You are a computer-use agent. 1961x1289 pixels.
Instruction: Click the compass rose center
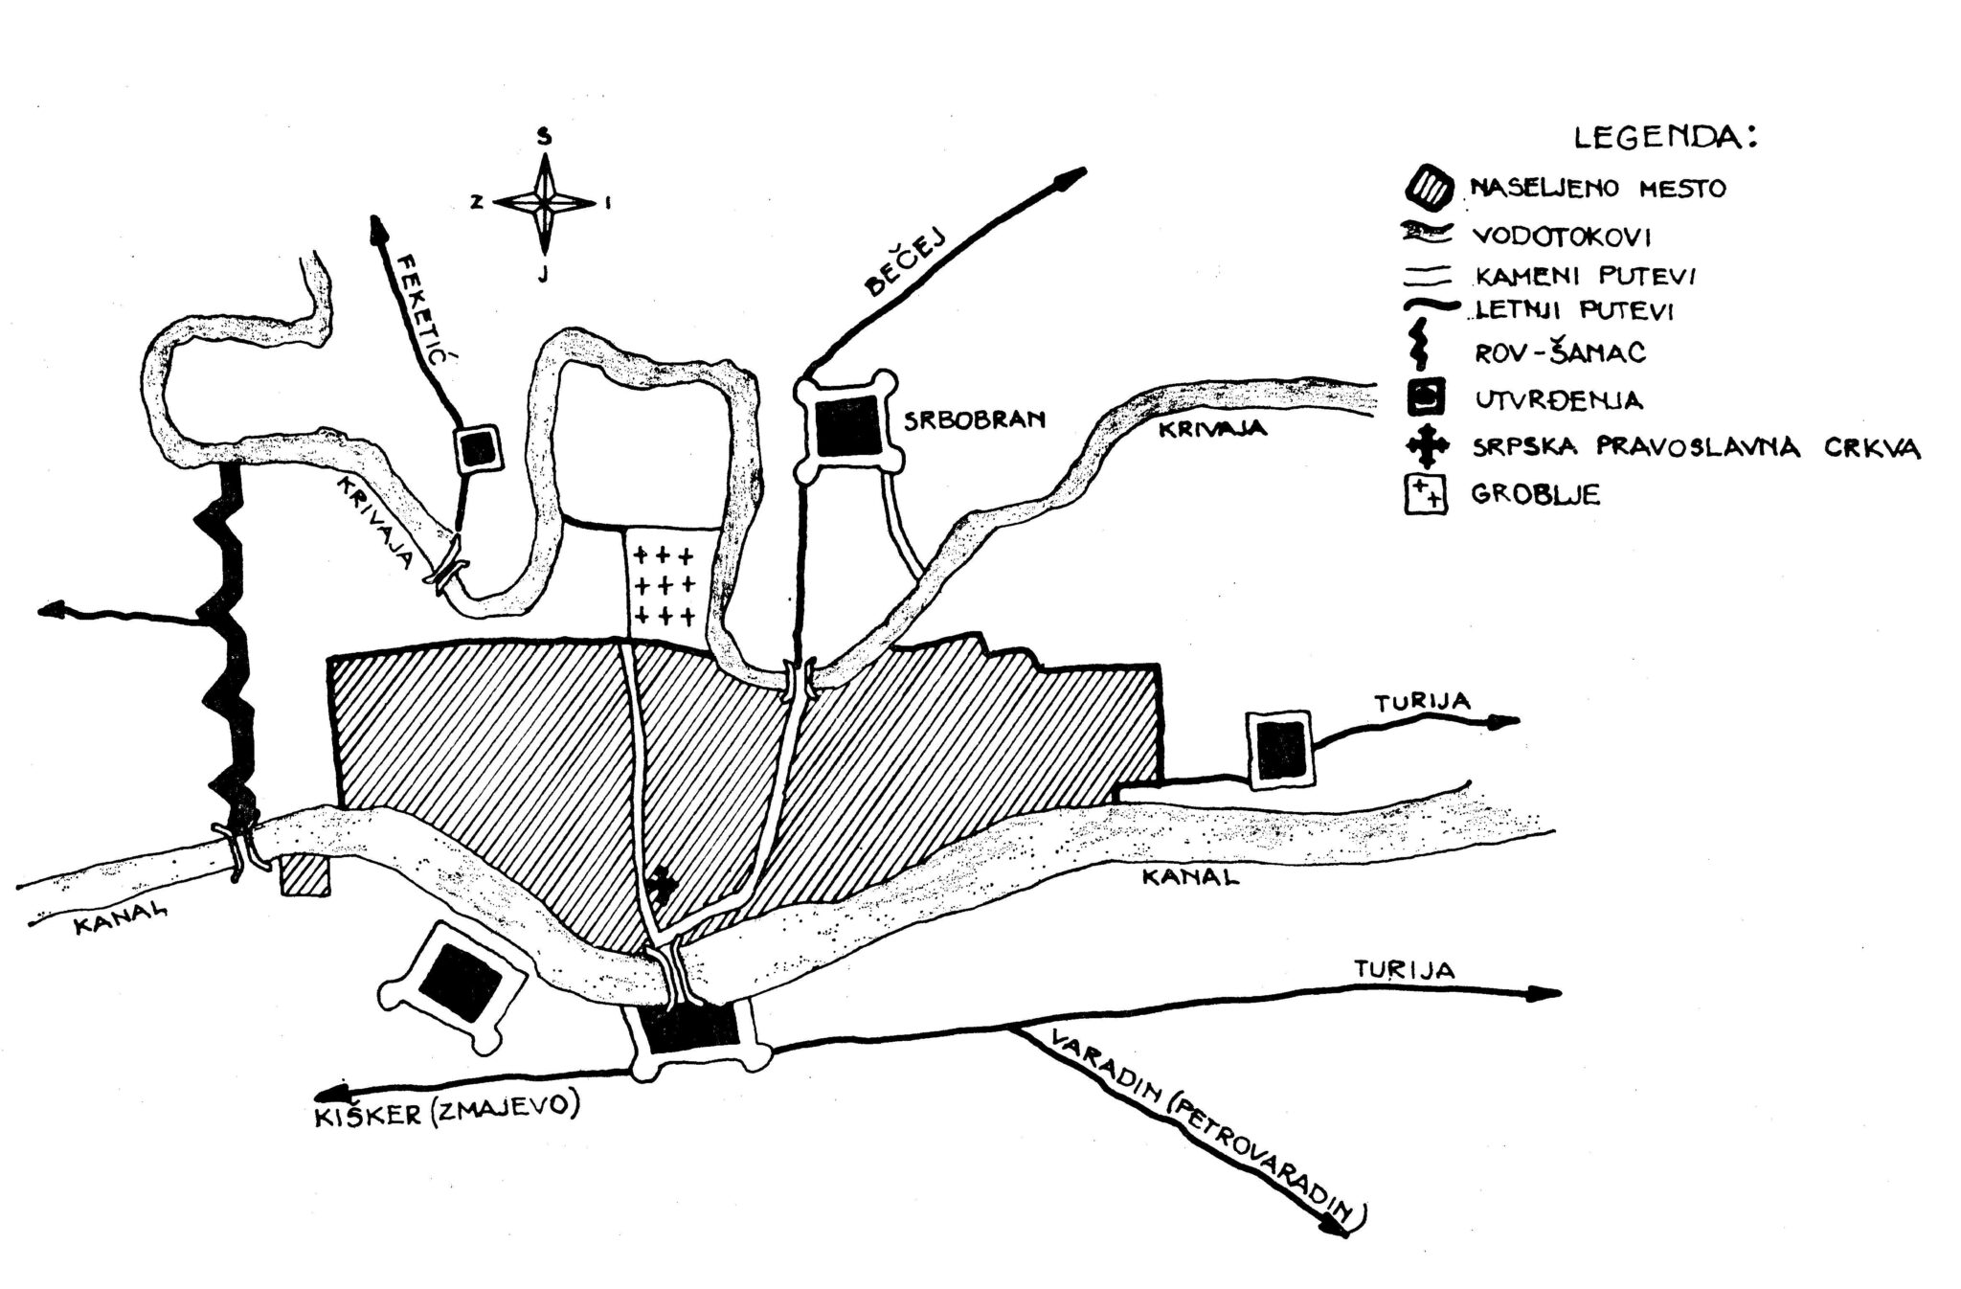coord(545,202)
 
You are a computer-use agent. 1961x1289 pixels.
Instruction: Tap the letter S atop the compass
coord(545,136)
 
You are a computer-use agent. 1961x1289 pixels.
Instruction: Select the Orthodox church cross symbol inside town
coord(660,886)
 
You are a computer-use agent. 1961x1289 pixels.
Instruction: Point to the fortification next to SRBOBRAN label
coord(847,427)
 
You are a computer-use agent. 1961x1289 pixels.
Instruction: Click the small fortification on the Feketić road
coord(477,447)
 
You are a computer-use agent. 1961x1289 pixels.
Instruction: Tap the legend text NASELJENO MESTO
coord(1597,188)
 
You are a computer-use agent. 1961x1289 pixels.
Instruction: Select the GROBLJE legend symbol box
coord(1426,495)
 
